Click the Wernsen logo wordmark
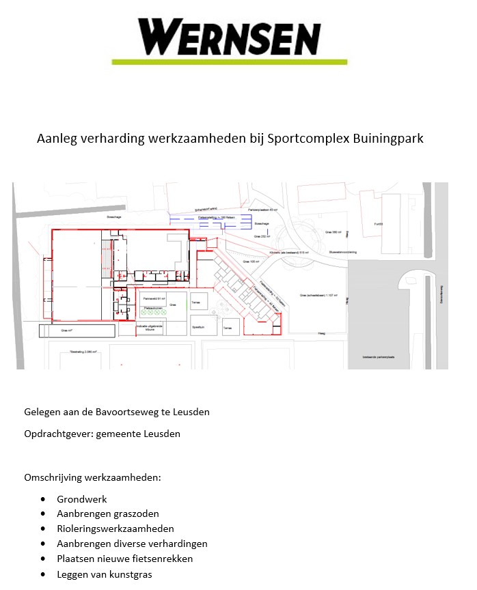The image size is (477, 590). pyautogui.click(x=230, y=37)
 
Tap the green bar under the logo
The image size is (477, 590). pyautogui.click(x=230, y=62)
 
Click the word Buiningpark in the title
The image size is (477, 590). pyautogui.click(x=387, y=139)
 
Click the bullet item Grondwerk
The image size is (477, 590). pyautogui.click(x=82, y=499)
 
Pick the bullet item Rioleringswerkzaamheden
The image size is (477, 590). pyautogui.click(x=115, y=529)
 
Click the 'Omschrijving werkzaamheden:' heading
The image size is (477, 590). pyautogui.click(x=92, y=477)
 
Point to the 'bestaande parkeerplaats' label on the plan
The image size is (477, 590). pyautogui.click(x=379, y=357)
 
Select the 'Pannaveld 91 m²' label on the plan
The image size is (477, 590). pyautogui.click(x=154, y=298)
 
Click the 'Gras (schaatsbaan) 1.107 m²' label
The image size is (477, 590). pyautogui.click(x=317, y=295)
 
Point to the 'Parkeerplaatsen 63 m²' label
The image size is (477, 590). pyautogui.click(x=262, y=210)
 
